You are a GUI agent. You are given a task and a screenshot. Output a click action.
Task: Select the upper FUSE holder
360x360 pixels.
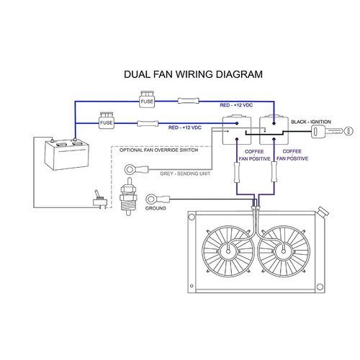tap(147, 100)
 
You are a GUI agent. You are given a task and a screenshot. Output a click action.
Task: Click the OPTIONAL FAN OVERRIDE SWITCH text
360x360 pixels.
tap(158, 150)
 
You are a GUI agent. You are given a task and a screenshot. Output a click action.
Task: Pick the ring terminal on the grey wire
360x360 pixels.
tap(131, 168)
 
